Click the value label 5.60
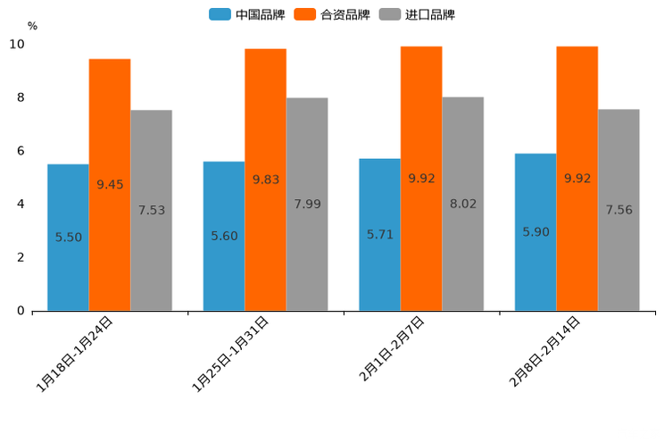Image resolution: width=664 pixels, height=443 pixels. (x=224, y=237)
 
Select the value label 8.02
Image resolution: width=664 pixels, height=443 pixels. (x=463, y=205)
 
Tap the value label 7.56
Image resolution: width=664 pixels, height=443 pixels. (x=618, y=211)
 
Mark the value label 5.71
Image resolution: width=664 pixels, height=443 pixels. (x=380, y=235)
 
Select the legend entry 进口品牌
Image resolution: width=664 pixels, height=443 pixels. (x=417, y=14)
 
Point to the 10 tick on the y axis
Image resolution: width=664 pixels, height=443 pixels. (x=17, y=45)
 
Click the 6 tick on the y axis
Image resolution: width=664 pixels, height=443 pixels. (x=21, y=151)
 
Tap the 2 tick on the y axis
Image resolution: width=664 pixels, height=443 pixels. (x=21, y=257)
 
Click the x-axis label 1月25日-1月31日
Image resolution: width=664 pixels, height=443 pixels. (x=230, y=355)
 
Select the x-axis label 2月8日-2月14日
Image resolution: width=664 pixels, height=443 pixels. (x=544, y=351)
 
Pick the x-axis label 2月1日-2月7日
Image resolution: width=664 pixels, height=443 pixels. (x=392, y=349)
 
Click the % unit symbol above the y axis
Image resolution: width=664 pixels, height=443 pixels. (x=32, y=27)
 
